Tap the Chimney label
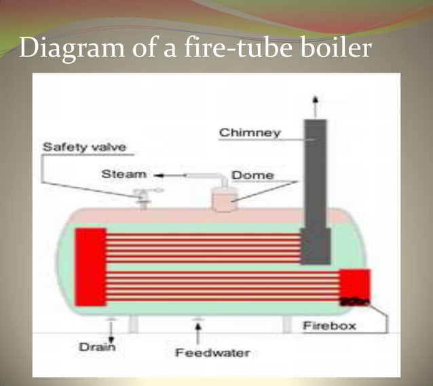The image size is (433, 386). click(250, 133)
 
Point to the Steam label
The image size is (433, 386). click(124, 174)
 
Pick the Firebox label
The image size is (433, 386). click(329, 326)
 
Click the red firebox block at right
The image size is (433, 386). click(354, 285)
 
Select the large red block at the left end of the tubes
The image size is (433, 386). click(90, 266)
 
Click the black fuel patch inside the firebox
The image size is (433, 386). click(353, 300)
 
